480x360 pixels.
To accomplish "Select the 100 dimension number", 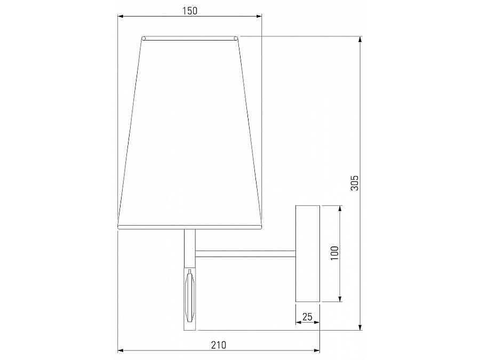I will pyautogui.click(x=333, y=253).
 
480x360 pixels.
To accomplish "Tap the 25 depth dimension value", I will pyautogui.click(x=307, y=316).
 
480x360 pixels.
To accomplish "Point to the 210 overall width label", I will pyautogui.click(x=219, y=345).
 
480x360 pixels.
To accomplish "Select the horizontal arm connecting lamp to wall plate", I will pyautogui.click(x=245, y=251).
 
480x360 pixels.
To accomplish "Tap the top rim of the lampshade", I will pyautogui.click(x=189, y=38).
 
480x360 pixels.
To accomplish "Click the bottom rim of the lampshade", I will pyautogui.click(x=189, y=227).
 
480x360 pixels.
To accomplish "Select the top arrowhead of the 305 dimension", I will pyautogui.click(x=361, y=39).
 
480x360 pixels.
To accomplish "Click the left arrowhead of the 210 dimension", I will pyautogui.click(x=121, y=350).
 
